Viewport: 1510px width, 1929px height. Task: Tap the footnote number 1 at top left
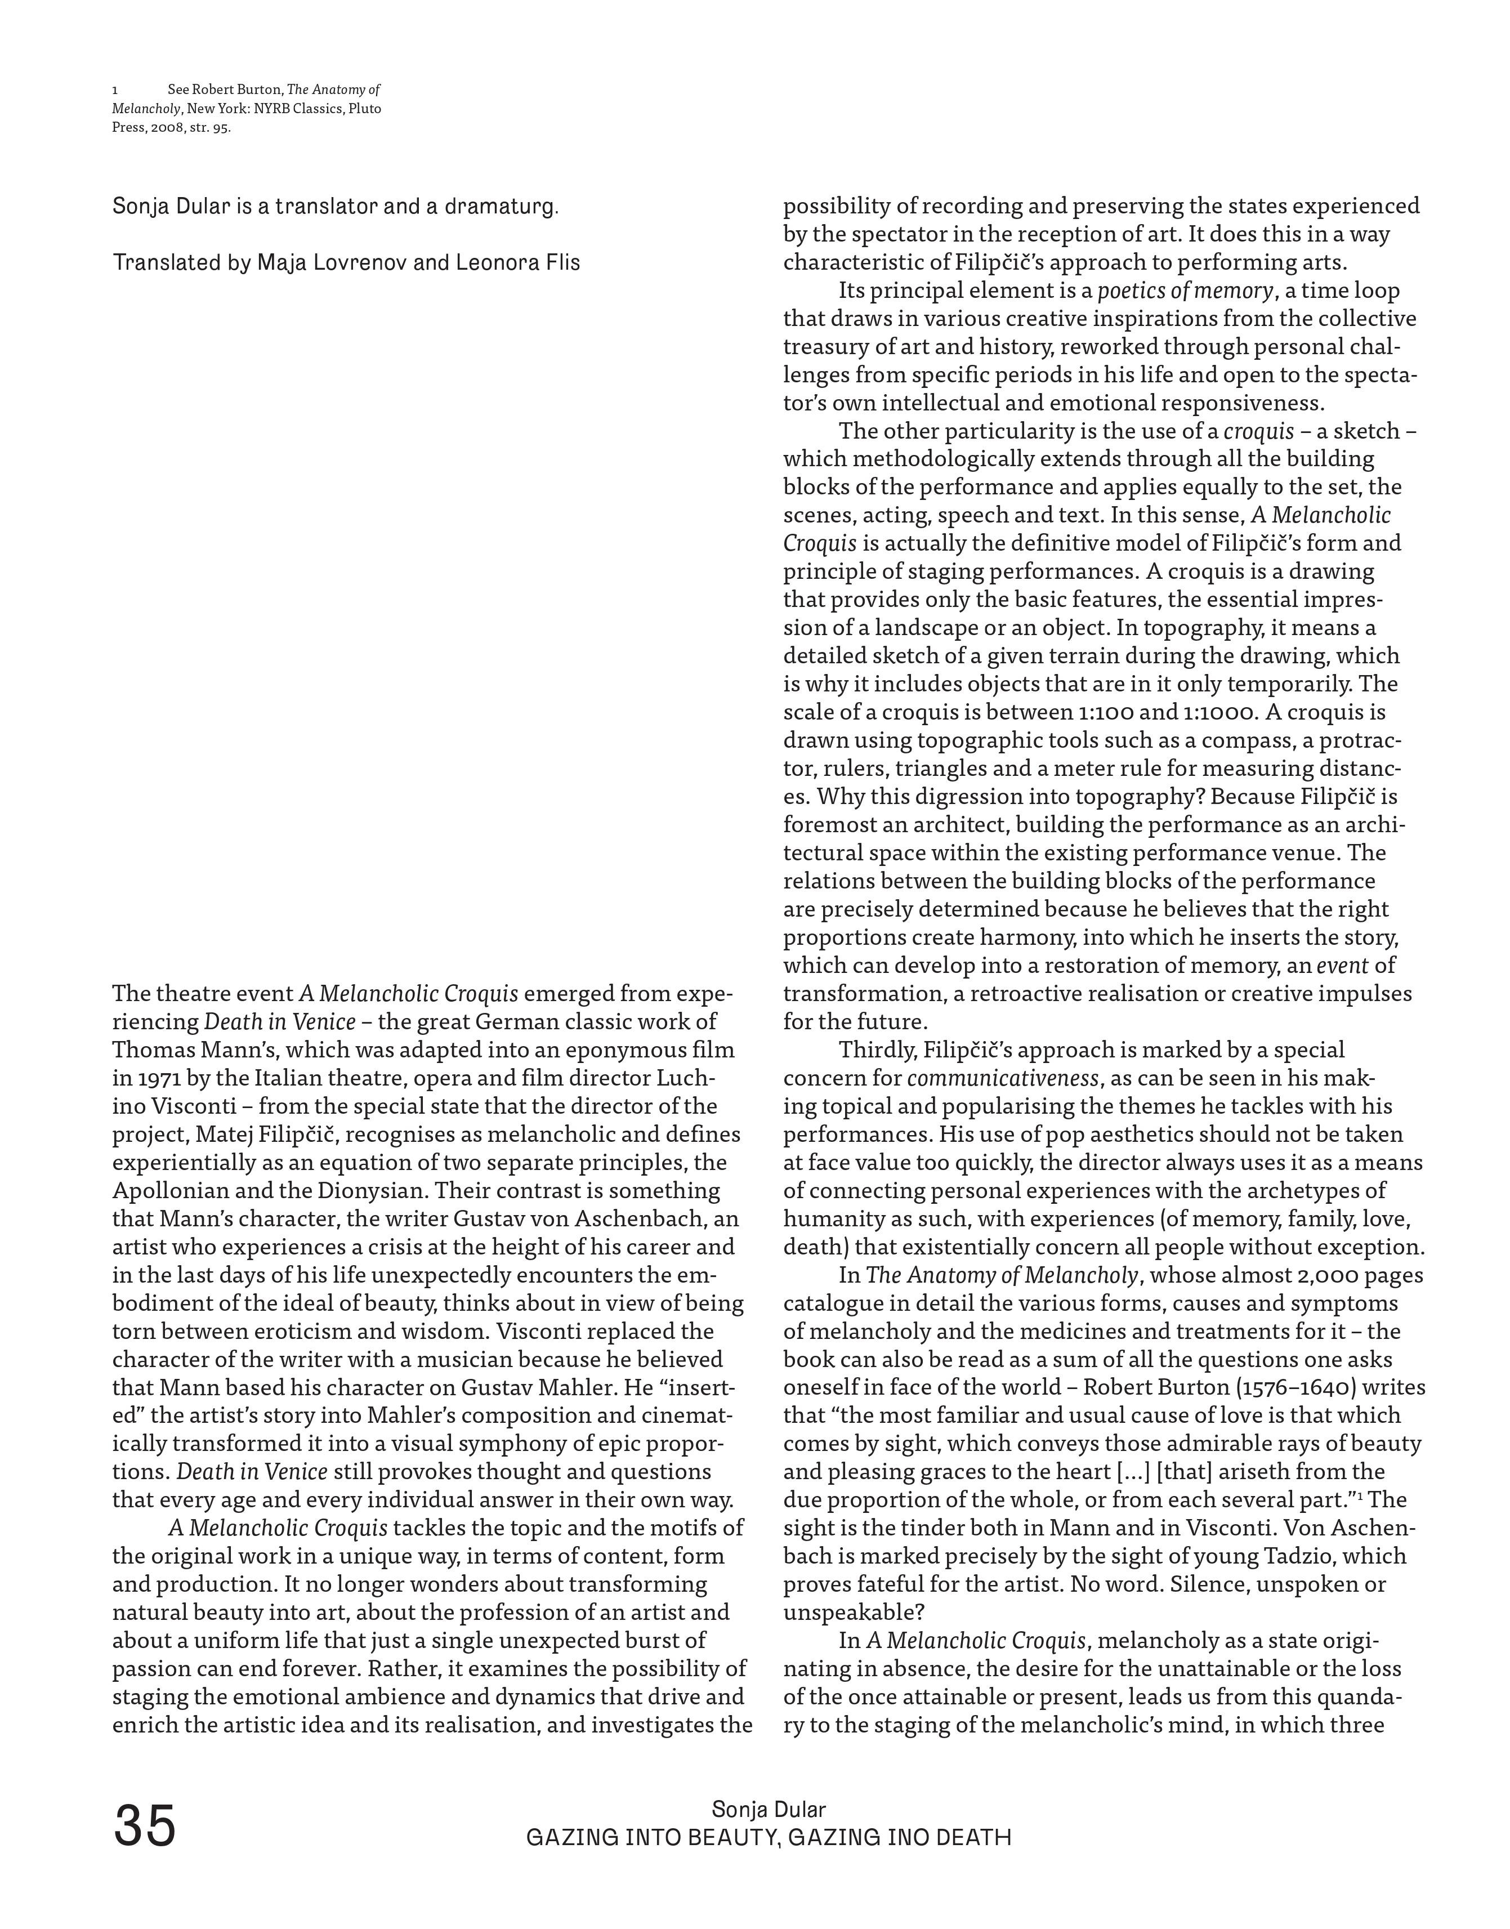coord(116,90)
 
